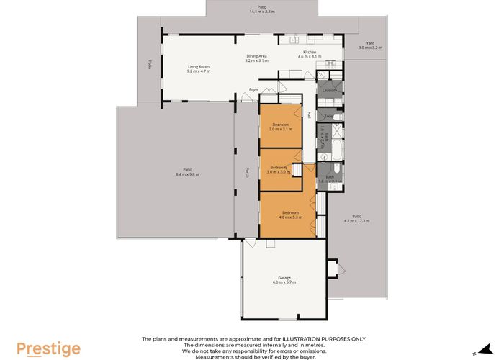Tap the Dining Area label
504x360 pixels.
pos(257,58)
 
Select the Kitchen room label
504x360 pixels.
pos(310,54)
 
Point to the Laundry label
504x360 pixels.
pos(330,90)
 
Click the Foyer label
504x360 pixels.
pos(253,89)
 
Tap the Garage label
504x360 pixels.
pos(284,279)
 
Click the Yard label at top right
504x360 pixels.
pos(370,45)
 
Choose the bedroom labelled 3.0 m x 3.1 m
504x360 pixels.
pos(280,127)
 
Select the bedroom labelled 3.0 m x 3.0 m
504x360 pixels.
pos(279,170)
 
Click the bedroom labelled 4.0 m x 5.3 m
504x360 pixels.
pos(290,214)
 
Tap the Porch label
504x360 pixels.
pos(247,172)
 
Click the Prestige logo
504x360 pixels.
pos(48,348)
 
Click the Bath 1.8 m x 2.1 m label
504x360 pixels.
pos(329,179)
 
